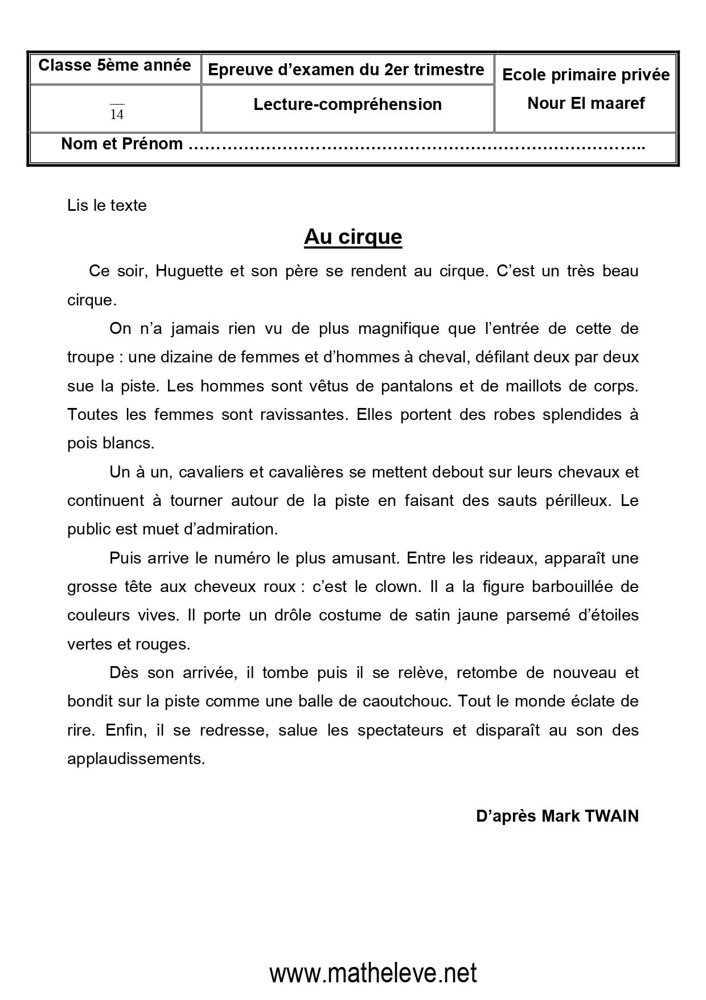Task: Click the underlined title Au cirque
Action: [353, 236]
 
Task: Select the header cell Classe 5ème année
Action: [114, 65]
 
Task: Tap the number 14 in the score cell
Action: [117, 115]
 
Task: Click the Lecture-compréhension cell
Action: [347, 104]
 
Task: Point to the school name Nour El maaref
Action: [586, 103]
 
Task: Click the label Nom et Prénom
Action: [122, 144]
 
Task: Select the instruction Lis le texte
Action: [106, 205]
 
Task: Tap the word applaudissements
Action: [136, 758]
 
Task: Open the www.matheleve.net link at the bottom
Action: [373, 973]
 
